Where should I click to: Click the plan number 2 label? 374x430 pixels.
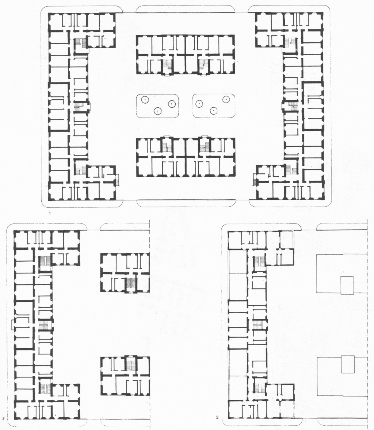(3, 418)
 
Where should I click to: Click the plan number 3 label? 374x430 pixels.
(217, 418)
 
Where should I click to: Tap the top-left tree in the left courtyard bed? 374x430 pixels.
(144, 100)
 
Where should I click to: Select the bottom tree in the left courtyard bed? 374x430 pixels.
(157, 111)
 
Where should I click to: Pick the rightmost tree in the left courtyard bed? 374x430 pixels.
(172, 104)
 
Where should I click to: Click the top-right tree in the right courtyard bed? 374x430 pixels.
(226, 99)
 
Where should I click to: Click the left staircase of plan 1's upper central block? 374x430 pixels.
(167, 66)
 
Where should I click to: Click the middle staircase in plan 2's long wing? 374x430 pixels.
(43, 325)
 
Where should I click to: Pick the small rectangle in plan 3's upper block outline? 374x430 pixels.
(347, 285)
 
